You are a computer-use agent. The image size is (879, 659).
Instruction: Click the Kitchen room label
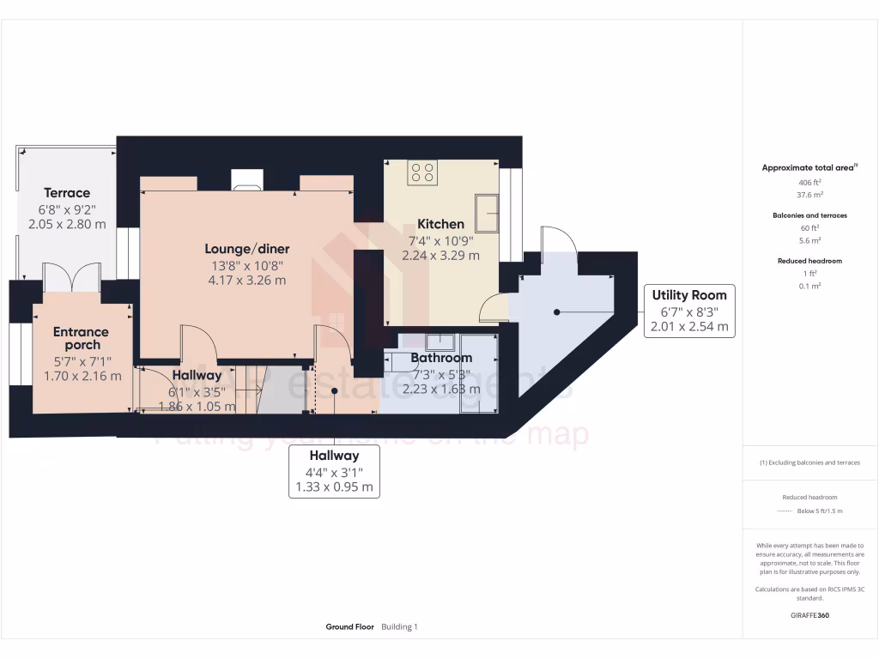(440, 224)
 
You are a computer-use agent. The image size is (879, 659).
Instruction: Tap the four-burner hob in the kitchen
(422, 172)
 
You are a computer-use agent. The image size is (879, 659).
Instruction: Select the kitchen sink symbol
(487, 213)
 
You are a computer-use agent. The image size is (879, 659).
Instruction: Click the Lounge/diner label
(246, 249)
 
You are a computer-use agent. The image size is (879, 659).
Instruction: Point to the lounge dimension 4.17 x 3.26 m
(246, 280)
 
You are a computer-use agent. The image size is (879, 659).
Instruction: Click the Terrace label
(67, 193)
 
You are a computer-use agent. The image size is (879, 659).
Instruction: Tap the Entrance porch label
(81, 338)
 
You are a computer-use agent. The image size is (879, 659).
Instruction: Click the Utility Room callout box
(688, 310)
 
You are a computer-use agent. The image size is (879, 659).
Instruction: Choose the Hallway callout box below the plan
(334, 471)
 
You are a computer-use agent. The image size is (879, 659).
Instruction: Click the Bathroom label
(441, 358)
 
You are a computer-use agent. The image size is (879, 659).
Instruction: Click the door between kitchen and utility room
(494, 307)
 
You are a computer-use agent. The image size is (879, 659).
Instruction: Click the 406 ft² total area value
(810, 183)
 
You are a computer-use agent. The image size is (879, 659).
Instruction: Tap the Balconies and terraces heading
(810, 215)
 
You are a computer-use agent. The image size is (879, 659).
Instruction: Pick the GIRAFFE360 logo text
(810, 615)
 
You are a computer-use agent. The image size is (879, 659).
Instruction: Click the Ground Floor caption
(349, 627)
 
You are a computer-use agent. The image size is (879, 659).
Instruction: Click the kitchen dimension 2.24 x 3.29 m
(440, 255)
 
